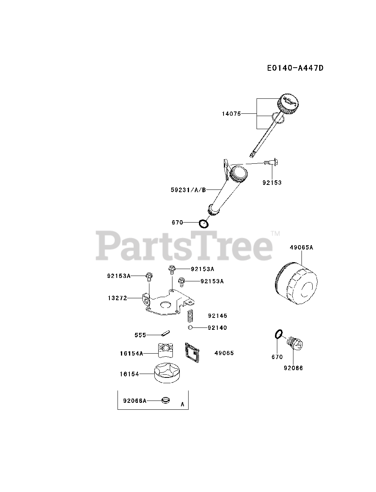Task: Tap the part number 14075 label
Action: point(231,114)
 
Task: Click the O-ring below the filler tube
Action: point(204,223)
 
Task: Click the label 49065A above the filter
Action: point(301,248)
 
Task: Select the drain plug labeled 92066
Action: point(296,342)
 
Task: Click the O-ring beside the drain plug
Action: point(279,334)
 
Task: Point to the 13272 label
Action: point(118,298)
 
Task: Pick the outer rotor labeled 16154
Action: point(168,373)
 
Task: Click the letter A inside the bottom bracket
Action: point(182,404)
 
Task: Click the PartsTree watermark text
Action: point(184,246)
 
